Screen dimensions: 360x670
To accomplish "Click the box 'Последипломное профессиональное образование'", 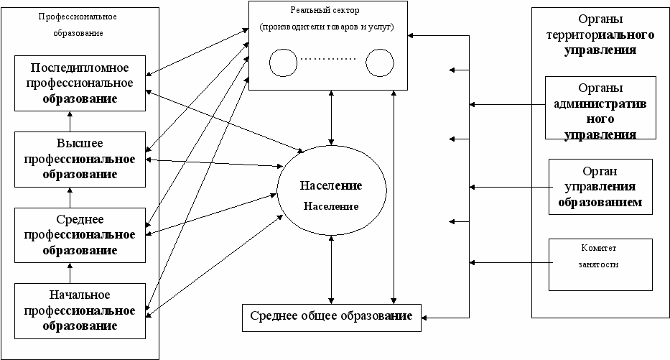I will tap(80, 83).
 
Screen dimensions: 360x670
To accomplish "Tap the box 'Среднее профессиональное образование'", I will tap(80, 234).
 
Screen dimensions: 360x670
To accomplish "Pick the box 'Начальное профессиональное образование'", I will tap(80, 310).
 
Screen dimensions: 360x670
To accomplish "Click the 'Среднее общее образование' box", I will tap(331, 316).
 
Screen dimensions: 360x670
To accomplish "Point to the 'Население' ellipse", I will tap(331, 195).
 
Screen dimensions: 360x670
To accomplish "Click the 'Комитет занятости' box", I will tap(600, 264).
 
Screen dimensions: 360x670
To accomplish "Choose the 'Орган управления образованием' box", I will tap(600, 187).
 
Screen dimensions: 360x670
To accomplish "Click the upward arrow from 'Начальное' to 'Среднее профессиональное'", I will tap(70, 272).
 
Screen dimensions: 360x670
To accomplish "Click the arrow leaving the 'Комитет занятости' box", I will tap(510, 263).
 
